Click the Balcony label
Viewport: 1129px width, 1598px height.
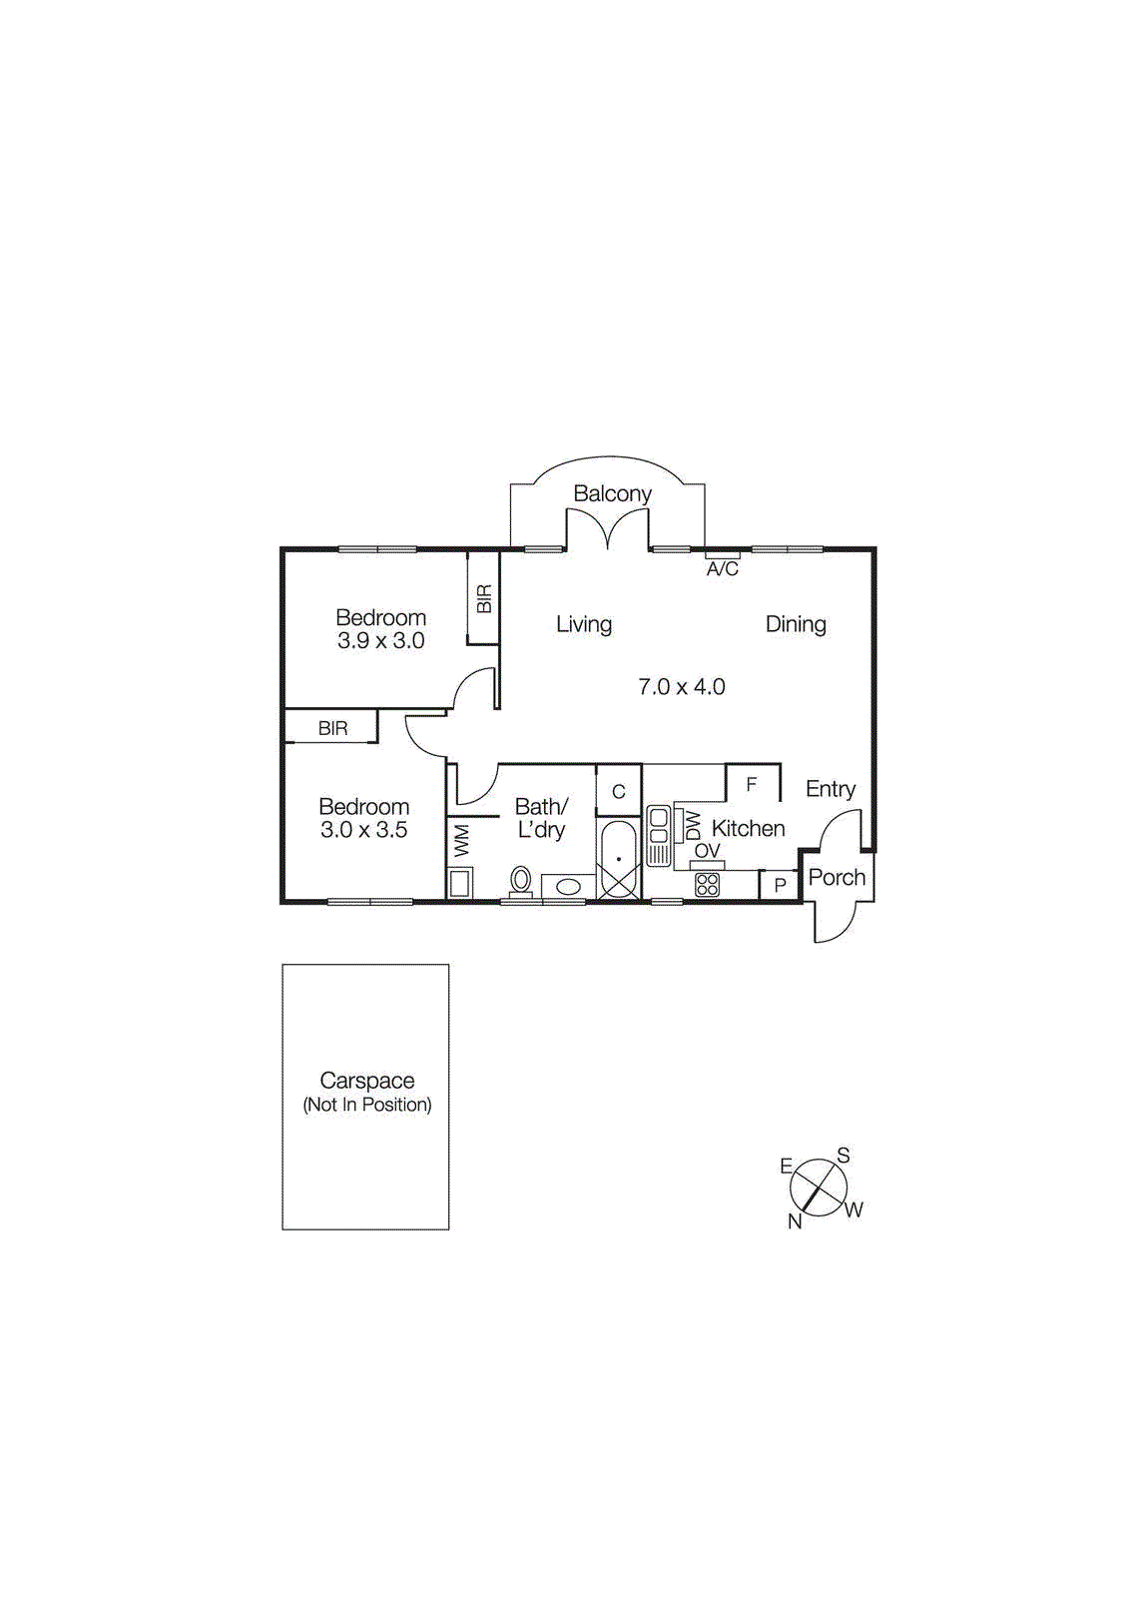[612, 493]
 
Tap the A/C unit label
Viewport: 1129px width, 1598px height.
[722, 569]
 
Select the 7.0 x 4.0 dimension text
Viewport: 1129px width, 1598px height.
[681, 687]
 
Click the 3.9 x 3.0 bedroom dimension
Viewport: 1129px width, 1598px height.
[380, 641]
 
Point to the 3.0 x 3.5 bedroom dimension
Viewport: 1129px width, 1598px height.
[363, 830]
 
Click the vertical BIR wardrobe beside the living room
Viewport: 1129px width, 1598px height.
[484, 598]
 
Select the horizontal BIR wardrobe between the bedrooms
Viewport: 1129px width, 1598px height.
[332, 728]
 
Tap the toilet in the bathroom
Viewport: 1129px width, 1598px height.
[520, 881]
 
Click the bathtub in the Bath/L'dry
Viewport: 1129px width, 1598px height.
[619, 859]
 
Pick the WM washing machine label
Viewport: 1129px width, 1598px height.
[461, 839]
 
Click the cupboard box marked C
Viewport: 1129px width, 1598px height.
[618, 791]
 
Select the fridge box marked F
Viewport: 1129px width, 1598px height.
[752, 785]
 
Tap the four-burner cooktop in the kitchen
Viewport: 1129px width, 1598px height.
[707, 884]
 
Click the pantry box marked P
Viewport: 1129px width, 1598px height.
[780, 885]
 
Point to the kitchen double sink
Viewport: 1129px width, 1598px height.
[658, 834]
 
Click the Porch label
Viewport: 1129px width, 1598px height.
[837, 877]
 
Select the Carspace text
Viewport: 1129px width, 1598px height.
[366, 1080]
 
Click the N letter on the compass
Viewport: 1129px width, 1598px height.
[795, 1221]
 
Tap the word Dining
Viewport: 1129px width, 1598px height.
[796, 624]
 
